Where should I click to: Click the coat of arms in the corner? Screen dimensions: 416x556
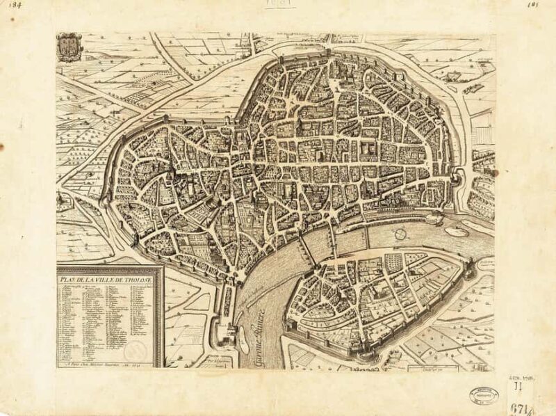[68, 47]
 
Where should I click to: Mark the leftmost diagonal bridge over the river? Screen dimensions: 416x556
[303, 247]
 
